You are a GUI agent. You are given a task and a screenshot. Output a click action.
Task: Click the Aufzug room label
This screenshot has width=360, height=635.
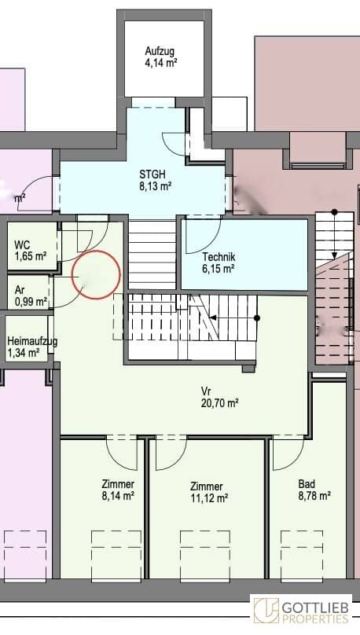(160, 51)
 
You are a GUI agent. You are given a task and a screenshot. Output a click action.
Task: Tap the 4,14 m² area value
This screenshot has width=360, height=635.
(161, 63)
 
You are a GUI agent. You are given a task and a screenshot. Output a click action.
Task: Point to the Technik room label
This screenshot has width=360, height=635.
(219, 257)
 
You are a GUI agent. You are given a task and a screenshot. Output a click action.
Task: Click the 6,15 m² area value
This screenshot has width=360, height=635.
(219, 268)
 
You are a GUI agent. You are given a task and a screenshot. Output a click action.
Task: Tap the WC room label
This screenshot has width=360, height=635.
(22, 244)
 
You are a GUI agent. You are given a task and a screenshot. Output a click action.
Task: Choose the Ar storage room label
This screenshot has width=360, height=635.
(20, 290)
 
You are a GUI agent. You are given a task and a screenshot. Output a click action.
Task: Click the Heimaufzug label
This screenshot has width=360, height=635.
(32, 341)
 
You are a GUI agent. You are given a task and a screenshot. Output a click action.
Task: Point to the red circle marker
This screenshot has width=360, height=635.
(96, 251)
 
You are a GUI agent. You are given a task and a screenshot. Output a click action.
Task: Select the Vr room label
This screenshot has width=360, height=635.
(206, 391)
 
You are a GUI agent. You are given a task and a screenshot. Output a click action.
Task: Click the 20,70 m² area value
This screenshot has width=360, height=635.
(219, 403)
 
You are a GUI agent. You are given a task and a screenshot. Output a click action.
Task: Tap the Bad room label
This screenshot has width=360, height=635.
(307, 483)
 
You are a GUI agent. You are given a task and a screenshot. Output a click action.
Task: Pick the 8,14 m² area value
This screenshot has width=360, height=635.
(118, 495)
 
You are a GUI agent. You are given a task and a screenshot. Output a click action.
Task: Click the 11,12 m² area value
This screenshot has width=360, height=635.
(209, 497)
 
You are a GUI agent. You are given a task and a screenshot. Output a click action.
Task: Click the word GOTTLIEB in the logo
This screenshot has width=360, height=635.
(315, 608)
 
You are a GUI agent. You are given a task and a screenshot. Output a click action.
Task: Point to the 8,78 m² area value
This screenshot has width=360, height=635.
(315, 495)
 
